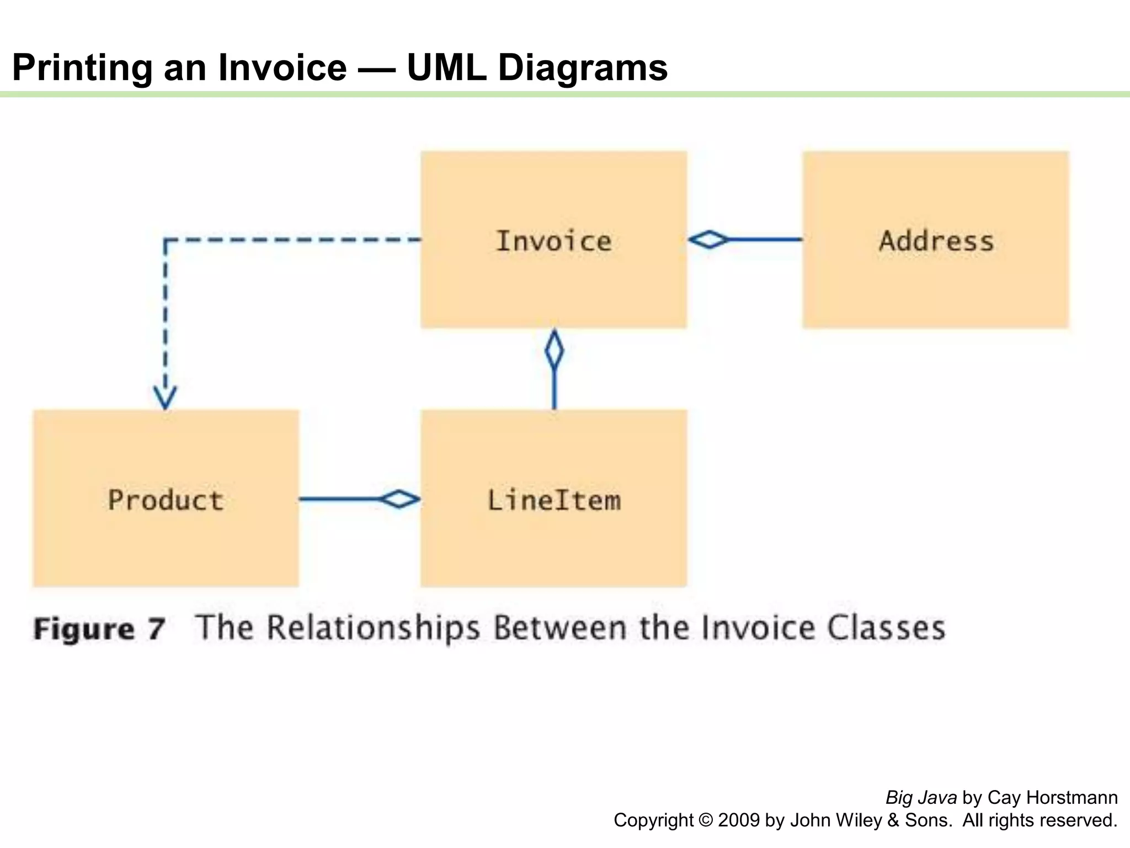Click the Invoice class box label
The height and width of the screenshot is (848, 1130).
[553, 241]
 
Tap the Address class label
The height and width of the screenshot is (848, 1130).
[936, 241]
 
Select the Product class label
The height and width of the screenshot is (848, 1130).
[166, 500]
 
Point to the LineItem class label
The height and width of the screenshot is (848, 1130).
[553, 500]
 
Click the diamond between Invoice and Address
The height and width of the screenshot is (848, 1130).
[709, 240]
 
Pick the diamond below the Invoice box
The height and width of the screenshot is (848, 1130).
[554, 349]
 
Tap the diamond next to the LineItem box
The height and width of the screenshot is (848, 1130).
[399, 499]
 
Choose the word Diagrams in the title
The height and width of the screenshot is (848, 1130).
[583, 67]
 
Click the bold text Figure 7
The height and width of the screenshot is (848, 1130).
[99, 629]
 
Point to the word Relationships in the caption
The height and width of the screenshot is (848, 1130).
[374, 628]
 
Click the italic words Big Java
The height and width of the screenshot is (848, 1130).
[921, 798]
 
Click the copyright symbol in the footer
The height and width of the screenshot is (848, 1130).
[705, 820]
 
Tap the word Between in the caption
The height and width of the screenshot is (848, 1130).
[559, 628]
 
